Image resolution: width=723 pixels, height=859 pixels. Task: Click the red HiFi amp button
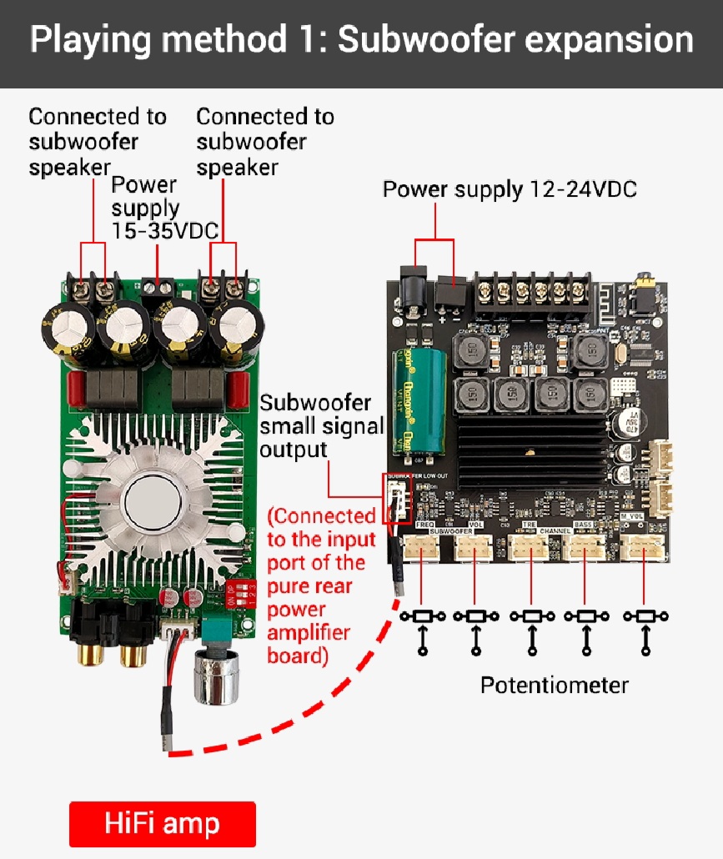tap(162, 824)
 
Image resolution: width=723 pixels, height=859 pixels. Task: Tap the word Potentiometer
tap(554, 686)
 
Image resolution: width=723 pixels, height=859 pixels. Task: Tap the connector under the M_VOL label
tap(644, 547)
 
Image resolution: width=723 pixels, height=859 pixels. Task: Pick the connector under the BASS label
tap(584, 547)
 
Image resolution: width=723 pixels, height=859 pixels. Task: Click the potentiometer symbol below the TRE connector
tap(530, 618)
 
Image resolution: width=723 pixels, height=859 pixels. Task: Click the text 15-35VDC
tap(165, 231)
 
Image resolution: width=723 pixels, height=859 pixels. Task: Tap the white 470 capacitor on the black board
tap(626, 418)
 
